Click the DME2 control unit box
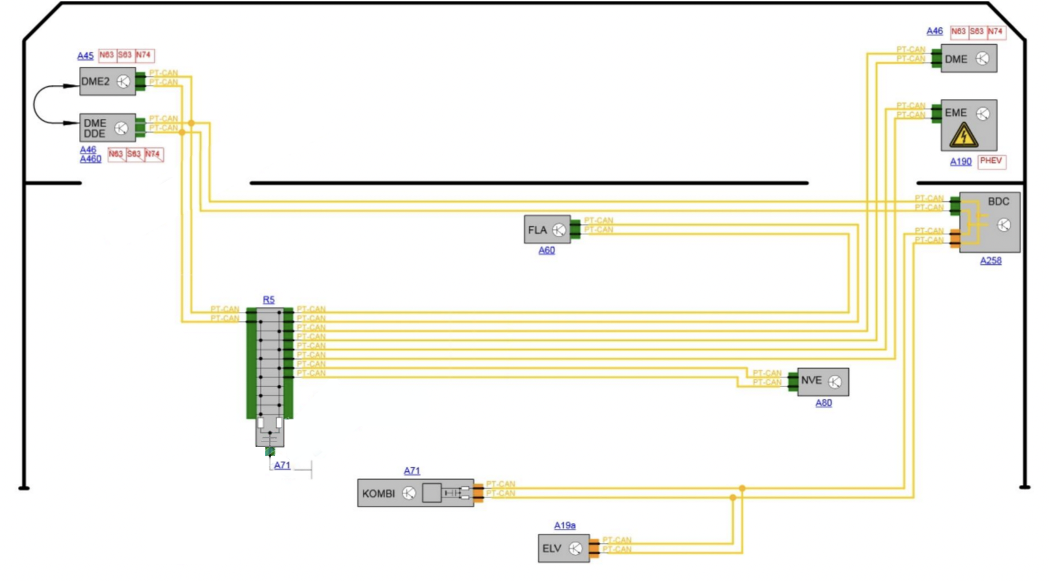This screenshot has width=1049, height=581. coord(107,81)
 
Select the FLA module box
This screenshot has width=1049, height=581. coord(547,229)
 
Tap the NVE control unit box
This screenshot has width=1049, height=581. coord(823,381)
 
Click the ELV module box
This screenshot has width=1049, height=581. coord(563,548)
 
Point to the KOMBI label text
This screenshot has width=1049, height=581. coord(378,494)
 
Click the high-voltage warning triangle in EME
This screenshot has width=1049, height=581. coord(963,135)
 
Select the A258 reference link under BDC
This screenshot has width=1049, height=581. coord(990,261)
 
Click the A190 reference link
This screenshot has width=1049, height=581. coord(960,161)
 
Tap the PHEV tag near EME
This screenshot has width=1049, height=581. coord(991,161)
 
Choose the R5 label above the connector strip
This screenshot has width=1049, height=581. coord(269,300)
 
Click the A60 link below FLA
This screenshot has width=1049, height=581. coord(547,250)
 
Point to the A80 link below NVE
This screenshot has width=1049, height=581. coord(823,402)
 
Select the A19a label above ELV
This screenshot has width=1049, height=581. coord(564,525)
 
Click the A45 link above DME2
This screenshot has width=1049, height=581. coord(85,56)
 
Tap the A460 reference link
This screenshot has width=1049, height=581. coord(91,159)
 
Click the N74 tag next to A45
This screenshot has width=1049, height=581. coord(144,55)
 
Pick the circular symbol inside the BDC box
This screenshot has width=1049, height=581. coord(1004,225)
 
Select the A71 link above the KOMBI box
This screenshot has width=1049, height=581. coord(412,470)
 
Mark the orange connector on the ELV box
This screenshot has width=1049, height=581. coord(594,549)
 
